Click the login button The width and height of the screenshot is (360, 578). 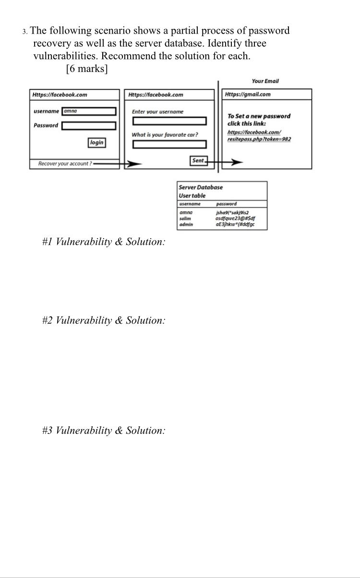point(96,143)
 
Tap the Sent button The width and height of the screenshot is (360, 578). point(198,161)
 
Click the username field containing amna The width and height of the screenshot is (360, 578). point(89,111)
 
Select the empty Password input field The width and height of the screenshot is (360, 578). point(89,126)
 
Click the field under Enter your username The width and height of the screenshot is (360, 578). point(169,121)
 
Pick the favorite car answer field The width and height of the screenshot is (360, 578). point(169,144)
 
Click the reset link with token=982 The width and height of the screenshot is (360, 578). point(259,135)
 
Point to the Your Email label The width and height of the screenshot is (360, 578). point(265,81)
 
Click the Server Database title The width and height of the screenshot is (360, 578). point(201,187)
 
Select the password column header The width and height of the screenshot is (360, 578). point(227,204)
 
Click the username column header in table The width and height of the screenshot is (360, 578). point(190,204)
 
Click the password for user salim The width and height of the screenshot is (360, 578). point(235,218)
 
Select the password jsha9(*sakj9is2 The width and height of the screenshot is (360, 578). point(232,213)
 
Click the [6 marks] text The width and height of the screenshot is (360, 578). point(87,69)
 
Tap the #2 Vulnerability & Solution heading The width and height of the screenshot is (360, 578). point(104,320)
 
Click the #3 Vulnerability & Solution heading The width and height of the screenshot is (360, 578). point(104,430)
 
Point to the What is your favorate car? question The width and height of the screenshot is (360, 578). point(165,134)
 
